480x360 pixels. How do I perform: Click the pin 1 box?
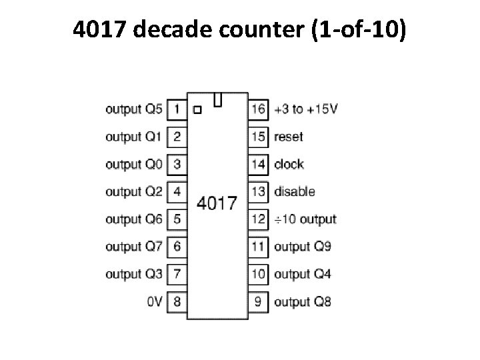[177, 109]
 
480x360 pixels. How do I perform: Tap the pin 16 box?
[258, 109]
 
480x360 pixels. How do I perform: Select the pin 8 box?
[177, 301]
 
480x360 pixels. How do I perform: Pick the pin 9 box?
[258, 301]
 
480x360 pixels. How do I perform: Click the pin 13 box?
[258, 191]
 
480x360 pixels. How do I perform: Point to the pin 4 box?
[177, 191]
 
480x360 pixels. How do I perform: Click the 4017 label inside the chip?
[217, 203]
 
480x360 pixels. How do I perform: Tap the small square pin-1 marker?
[197, 109]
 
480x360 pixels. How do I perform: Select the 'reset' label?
[288, 137]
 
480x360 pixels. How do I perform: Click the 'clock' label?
[289, 164]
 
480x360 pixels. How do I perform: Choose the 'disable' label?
[294, 191]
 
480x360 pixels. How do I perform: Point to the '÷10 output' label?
[305, 219]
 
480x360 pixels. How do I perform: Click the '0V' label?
[154, 301]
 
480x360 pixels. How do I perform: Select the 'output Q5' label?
[133, 109]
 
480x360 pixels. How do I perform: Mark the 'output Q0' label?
[133, 164]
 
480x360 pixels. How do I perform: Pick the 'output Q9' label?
[303, 247]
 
